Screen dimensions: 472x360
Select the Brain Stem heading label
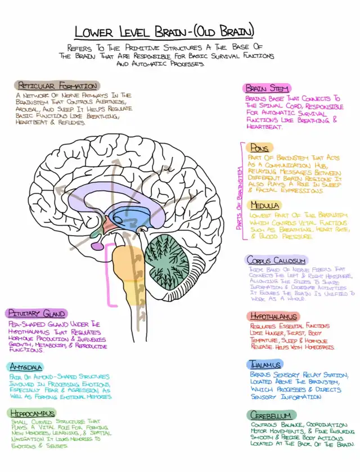267,88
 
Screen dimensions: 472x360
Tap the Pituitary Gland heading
37,313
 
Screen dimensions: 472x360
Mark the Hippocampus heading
33,413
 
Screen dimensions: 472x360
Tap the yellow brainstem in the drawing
127,270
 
